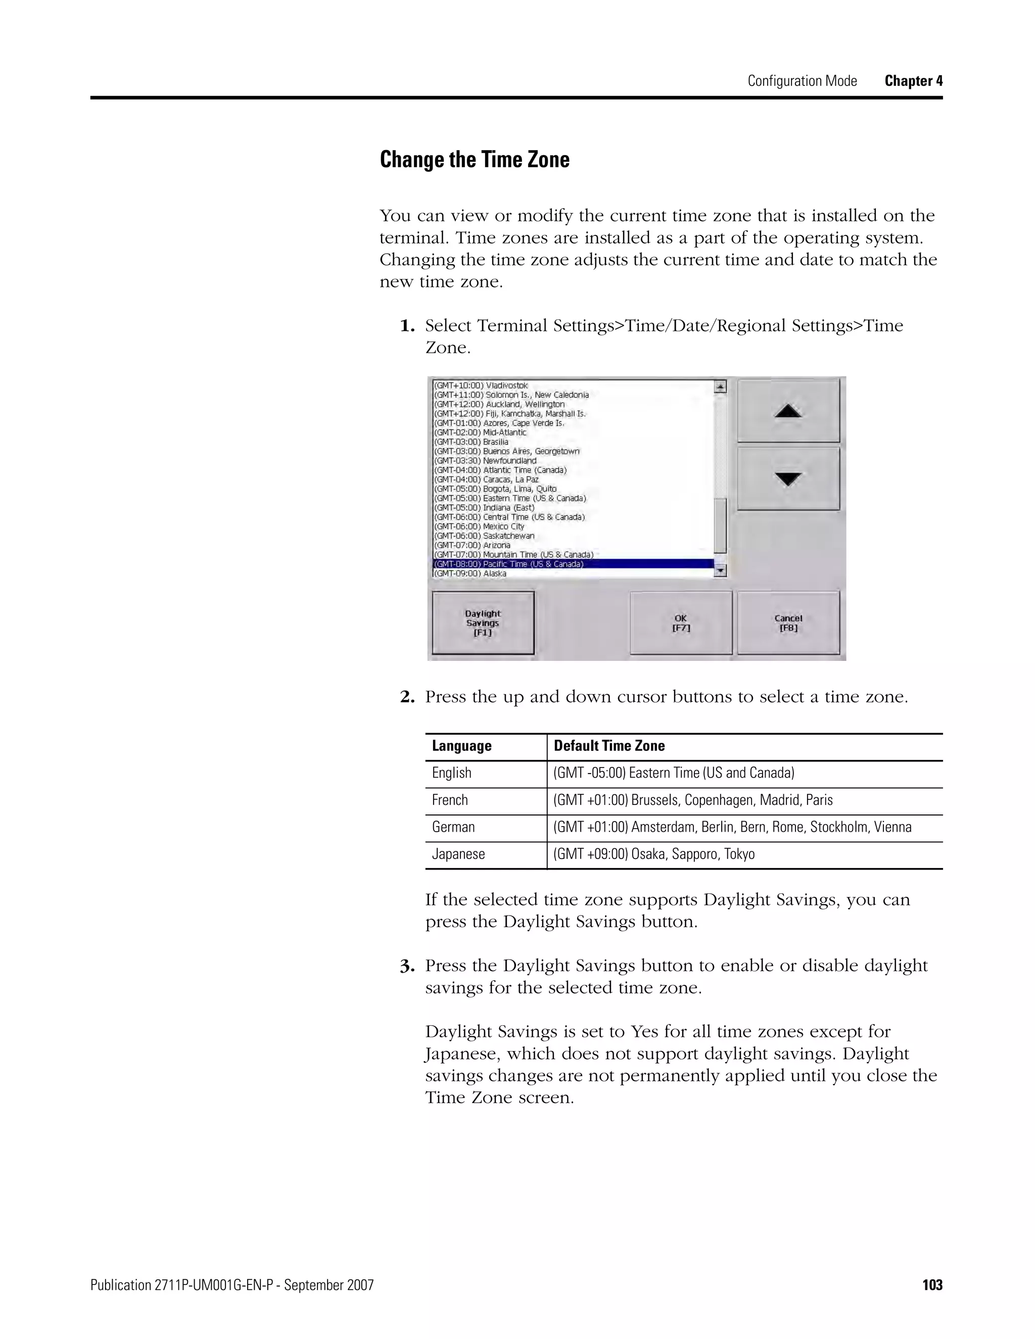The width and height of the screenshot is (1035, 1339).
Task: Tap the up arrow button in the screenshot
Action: click(x=788, y=411)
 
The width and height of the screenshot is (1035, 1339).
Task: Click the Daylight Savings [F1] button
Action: click(x=483, y=623)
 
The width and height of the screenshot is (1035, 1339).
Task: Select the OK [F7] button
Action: click(x=681, y=623)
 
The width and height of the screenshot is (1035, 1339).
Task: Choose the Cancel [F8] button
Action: click(x=788, y=623)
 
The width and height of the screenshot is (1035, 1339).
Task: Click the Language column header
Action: click(x=462, y=746)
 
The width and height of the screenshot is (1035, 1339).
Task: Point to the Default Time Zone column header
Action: click(x=609, y=746)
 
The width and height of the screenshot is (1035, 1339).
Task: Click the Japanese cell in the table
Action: click(x=458, y=854)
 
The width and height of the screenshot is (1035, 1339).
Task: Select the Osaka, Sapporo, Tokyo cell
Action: click(x=653, y=854)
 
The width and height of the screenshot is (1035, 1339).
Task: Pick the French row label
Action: click(x=449, y=800)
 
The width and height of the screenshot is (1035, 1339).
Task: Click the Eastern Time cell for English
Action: click(x=673, y=773)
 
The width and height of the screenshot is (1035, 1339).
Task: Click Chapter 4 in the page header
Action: click(x=913, y=81)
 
